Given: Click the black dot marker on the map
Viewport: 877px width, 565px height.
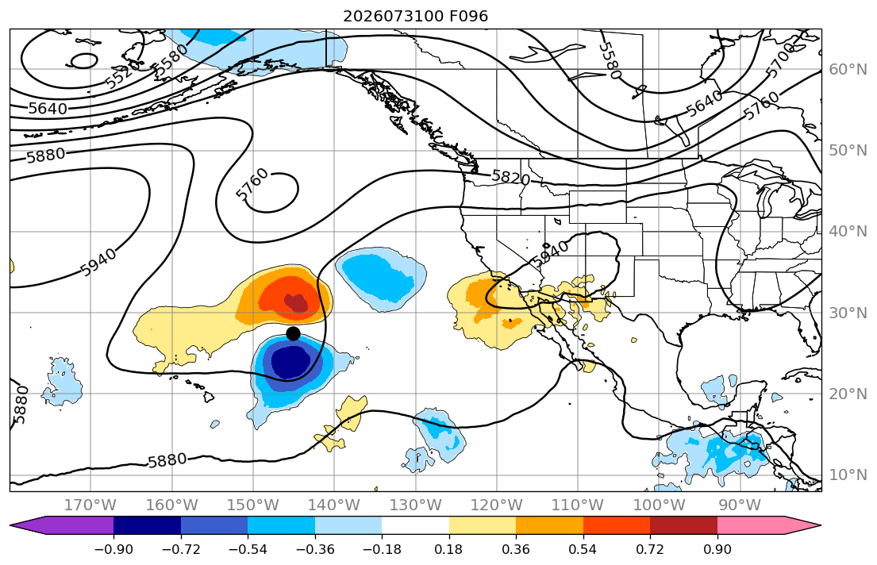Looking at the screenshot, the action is [x=293, y=334].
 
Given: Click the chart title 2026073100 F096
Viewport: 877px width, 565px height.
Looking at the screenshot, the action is [x=416, y=16].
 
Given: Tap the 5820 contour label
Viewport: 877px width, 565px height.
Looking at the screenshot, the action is [x=510, y=177].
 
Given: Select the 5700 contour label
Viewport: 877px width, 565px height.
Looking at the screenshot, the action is [x=781, y=60].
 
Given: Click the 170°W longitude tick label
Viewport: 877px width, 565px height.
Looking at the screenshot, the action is [x=90, y=505].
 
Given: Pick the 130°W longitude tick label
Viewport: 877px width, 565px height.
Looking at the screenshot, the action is [x=416, y=505].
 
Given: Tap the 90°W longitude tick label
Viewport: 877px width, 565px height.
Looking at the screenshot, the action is [x=740, y=505].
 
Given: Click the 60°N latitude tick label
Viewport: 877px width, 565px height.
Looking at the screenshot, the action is [x=848, y=69].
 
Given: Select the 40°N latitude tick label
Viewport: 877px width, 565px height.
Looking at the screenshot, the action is [x=848, y=231].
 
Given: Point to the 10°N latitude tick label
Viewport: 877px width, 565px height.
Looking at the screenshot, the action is [x=848, y=475].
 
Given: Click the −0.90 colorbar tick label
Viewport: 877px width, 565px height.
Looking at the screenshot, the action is [x=113, y=549].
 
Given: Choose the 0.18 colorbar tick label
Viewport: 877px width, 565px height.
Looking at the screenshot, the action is [x=449, y=549].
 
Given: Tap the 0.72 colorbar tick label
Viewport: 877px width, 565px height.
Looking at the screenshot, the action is [x=650, y=549].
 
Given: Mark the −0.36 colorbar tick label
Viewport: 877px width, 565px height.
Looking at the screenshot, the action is [x=315, y=549].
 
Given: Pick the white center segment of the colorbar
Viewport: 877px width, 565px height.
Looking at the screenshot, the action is [x=416, y=525].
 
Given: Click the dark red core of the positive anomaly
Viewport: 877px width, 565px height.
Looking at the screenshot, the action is [x=297, y=302].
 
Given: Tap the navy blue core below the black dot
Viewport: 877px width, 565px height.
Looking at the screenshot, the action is [x=290, y=362].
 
